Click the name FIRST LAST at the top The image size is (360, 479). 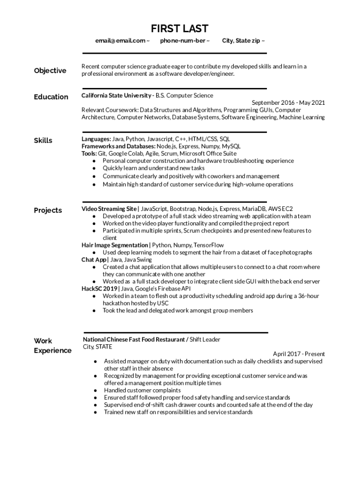point(180,29)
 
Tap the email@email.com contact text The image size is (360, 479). point(120,41)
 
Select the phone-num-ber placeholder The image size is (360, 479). point(182,41)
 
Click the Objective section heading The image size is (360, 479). point(50,71)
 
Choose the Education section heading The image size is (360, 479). point(51,97)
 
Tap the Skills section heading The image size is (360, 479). point(43,140)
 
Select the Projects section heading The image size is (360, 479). point(48,210)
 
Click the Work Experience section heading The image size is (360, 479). point(52,346)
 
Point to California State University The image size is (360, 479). point(116,95)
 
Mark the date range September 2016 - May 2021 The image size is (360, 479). point(288,103)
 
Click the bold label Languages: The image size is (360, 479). point(96,139)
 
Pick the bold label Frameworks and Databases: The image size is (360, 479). point(118,146)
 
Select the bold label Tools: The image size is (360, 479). point(89,153)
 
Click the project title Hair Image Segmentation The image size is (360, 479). point(115,245)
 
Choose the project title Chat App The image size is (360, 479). point(94,260)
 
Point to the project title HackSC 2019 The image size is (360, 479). point(100,289)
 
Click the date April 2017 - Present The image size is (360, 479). point(299,354)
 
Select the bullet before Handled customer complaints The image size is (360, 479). point(95,391)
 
